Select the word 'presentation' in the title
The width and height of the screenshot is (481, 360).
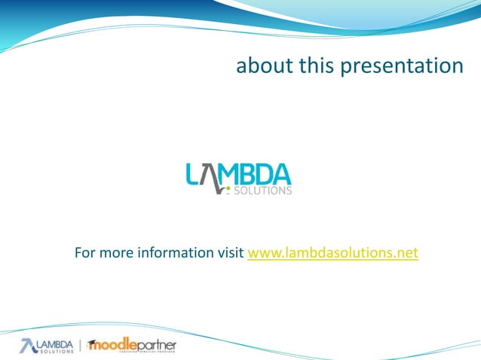[402, 67]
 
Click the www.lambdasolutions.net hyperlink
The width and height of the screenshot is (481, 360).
[332, 252]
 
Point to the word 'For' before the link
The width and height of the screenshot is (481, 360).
[85, 252]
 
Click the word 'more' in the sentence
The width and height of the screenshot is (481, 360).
[115, 252]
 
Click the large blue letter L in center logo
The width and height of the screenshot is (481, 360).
[193, 175]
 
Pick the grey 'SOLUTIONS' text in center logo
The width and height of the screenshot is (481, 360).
[265, 191]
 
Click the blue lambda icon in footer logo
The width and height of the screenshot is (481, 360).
[27, 346]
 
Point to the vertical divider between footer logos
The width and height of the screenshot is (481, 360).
[81, 346]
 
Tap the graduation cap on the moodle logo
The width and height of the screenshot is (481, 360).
[92, 343]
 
